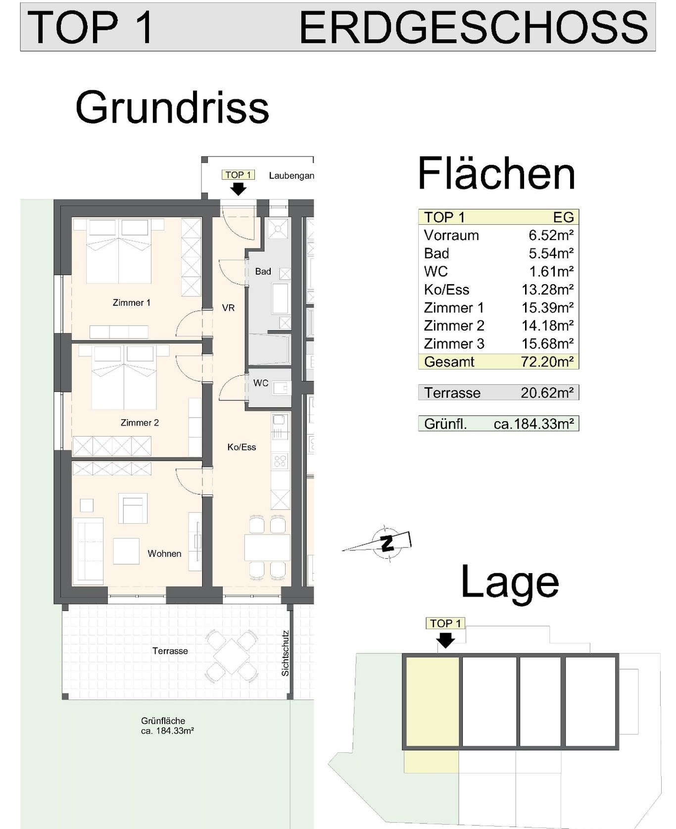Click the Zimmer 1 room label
coord(131,302)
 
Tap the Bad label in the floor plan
coord(263,271)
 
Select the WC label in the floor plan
coord(261,383)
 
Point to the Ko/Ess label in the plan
coord(241,447)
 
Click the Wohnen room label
coord(164,553)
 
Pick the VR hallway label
coord(228,308)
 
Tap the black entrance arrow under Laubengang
coord(239,189)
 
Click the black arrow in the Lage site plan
coord(445,641)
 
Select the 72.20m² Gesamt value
coord(547,361)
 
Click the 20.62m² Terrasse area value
coord(547,392)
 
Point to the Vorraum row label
coord(451,235)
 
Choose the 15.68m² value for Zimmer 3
coord(547,343)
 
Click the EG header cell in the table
coord(563,217)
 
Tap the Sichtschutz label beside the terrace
coord(285,653)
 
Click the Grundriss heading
coord(172,107)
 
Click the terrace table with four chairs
coord(232,654)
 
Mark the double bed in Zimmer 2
coord(124,377)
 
